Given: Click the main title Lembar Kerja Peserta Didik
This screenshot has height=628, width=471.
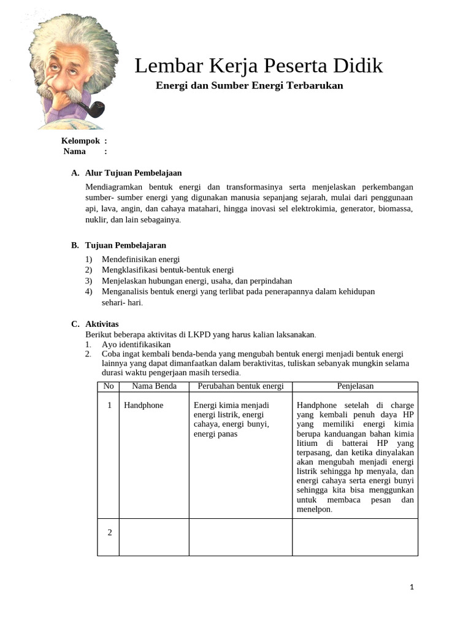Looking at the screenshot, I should [x=258, y=66].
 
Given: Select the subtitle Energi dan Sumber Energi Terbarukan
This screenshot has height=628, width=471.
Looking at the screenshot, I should [x=249, y=85].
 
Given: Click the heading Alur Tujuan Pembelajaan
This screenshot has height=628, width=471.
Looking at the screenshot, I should [x=133, y=173].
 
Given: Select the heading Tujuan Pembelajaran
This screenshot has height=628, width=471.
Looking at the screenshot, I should [x=126, y=245].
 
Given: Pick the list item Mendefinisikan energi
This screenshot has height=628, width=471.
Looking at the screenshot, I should [x=140, y=259].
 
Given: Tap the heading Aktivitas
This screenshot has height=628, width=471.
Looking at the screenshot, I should [x=102, y=324].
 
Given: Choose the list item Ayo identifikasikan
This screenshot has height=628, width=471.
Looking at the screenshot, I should [x=136, y=345].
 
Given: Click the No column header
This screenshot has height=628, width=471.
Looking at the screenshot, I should [x=109, y=386].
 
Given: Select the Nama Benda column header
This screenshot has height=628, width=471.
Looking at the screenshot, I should [x=154, y=386].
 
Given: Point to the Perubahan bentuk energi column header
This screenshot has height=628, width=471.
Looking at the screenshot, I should [x=240, y=386].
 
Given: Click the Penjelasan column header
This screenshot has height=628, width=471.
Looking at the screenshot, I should [x=355, y=386].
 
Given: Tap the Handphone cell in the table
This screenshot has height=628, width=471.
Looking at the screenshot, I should [x=144, y=405].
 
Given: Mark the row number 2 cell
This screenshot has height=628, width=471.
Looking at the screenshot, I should [x=109, y=532].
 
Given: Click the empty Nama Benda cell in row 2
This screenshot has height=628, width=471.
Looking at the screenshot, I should [x=154, y=537].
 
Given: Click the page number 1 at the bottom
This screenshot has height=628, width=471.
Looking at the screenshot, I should [x=412, y=588].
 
